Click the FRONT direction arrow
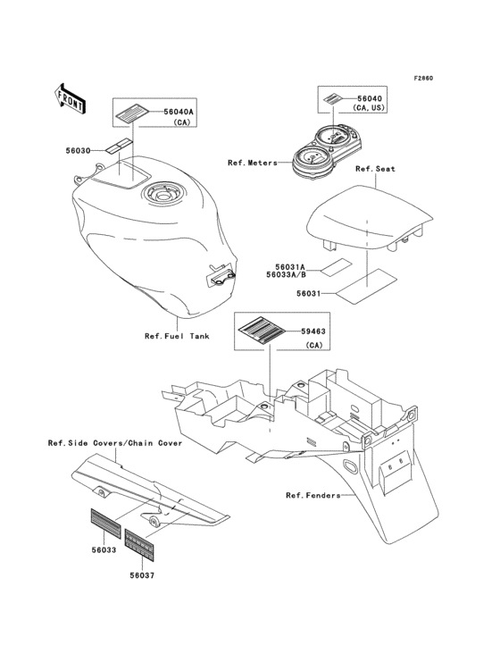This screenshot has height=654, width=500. click(70, 98)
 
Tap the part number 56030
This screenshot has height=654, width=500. click(78, 151)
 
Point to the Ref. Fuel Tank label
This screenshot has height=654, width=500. click(177, 336)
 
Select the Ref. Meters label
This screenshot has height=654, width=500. click(253, 163)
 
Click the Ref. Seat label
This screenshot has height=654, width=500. click(375, 169)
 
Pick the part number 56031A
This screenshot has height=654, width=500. click(290, 266)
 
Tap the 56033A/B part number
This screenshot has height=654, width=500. click(287, 275)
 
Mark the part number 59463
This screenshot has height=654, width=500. click(313, 331)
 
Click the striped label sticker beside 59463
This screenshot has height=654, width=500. click(262, 331)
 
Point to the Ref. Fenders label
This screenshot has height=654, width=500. click(313, 496)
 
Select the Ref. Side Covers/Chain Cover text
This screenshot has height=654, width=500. click(115, 443)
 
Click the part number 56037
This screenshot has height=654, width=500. click(142, 575)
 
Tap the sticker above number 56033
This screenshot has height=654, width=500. click(106, 524)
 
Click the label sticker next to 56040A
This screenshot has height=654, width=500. click(133, 113)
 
